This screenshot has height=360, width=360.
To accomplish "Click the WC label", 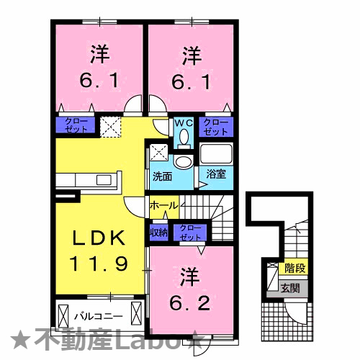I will click(184, 122).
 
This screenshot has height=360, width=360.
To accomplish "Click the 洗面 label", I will click(161, 175).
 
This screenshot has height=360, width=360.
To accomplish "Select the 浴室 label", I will click(215, 174).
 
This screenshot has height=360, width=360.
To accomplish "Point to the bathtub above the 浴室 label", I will click(216, 154).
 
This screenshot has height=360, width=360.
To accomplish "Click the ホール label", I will click(163, 206).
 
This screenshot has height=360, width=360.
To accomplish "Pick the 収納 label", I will click(158, 232).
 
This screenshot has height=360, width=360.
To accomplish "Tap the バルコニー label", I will click(99, 316).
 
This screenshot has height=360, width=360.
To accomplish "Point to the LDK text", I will click(100, 238).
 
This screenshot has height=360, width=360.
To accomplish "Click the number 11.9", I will click(99, 263).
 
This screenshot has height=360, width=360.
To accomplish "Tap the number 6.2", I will click(190, 302).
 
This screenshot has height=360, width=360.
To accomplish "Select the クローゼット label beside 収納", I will click(191, 232).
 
